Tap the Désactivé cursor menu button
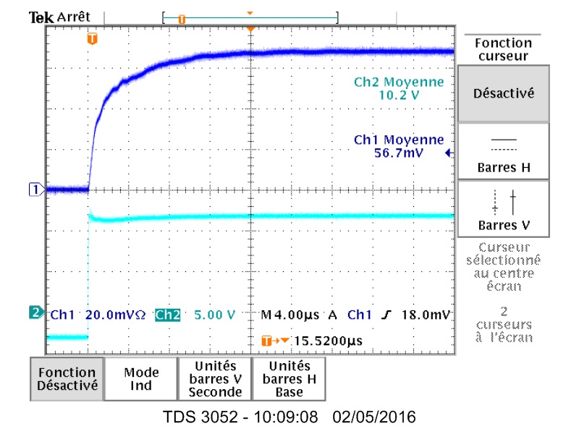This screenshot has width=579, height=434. [x=503, y=93]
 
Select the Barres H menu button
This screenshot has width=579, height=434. [x=503, y=152]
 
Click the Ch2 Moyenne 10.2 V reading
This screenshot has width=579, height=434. [x=399, y=88]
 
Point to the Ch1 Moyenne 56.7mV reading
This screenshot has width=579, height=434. [x=399, y=146]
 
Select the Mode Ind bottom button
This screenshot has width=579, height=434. [x=141, y=378]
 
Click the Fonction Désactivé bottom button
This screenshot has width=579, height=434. [x=67, y=378]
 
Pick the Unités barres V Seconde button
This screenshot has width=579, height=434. [x=215, y=378]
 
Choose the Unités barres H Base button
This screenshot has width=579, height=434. [x=288, y=378]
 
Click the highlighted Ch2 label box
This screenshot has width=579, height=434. [x=167, y=315]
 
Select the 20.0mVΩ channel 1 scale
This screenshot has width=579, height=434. [x=116, y=315]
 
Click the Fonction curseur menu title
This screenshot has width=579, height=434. [x=503, y=49]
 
